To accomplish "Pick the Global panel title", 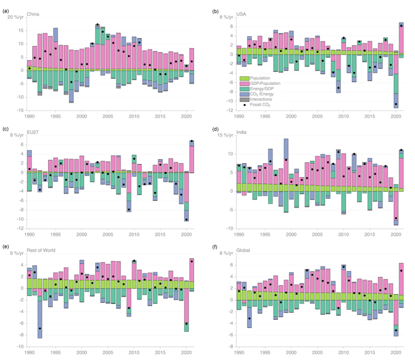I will tap(247, 247).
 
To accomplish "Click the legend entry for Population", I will tap(254, 78).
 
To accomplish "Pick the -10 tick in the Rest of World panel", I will tap(19, 346).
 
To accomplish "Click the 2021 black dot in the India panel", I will tap(401, 150).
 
